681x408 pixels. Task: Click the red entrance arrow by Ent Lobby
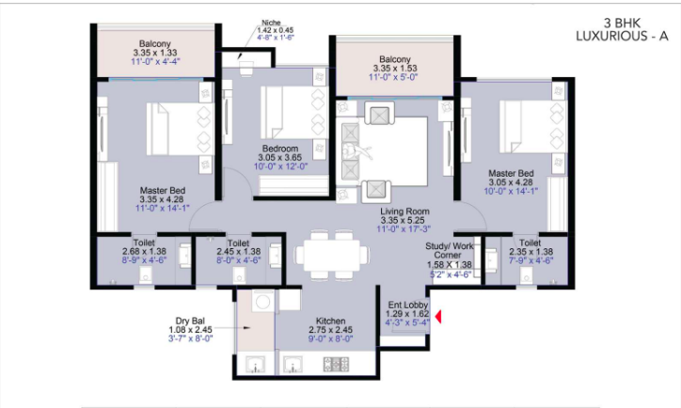pos(438,317)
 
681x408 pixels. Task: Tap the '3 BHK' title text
pos(622,23)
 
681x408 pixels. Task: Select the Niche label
pos(271,23)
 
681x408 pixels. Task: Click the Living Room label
pos(404,212)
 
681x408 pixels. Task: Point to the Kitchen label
pos(330,321)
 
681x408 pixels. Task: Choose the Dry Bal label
pos(190,321)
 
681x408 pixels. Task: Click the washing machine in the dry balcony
pos(262,300)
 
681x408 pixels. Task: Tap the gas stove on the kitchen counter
pos(336,364)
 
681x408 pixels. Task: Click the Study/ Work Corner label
pos(449,250)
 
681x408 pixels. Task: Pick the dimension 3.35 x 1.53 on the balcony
pos(395,68)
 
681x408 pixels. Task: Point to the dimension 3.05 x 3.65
pos(279,158)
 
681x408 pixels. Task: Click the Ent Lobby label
pos(408,305)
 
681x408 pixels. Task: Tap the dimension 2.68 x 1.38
pos(144,251)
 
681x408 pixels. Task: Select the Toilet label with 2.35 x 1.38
pos(530,243)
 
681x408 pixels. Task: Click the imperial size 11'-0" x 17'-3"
pos(404,229)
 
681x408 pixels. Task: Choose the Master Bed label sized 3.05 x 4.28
pos(511,173)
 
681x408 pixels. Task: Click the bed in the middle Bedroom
pos(293,113)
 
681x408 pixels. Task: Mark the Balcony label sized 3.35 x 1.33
pos(154,43)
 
